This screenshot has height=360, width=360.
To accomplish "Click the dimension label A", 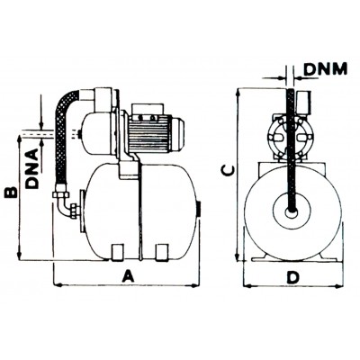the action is [128, 275].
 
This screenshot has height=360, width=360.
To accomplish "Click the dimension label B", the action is [11, 193].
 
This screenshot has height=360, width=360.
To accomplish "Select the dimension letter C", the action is [227, 171].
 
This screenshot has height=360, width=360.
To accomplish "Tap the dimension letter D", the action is [292, 277].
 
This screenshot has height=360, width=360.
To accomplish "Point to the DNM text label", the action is [326, 69].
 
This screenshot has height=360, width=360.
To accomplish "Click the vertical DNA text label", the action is [32, 168].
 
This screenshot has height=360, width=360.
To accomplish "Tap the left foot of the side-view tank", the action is [117, 251].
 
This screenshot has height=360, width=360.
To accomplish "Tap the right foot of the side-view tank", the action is [162, 251].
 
